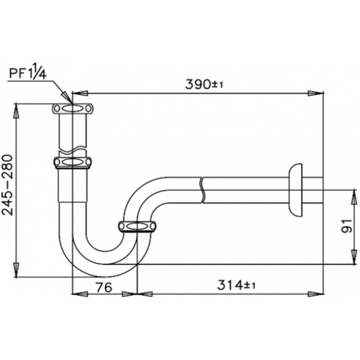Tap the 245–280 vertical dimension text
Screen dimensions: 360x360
click(x=8, y=191)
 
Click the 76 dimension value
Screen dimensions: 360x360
click(x=105, y=285)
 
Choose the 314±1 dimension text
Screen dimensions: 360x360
click(x=237, y=285)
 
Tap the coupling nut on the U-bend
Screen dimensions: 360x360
click(x=137, y=228)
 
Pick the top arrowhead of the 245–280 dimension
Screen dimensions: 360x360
click(x=17, y=108)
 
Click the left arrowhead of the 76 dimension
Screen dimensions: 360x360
click(x=77, y=292)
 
